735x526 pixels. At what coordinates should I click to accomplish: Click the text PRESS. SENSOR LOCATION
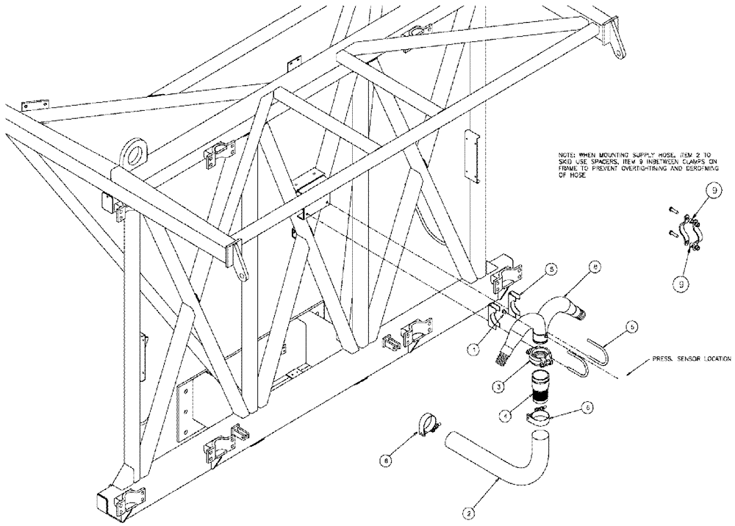tap(692, 361)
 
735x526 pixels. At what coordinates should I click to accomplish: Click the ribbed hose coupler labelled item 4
tap(542, 388)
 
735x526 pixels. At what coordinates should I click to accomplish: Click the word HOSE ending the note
tap(579, 184)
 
